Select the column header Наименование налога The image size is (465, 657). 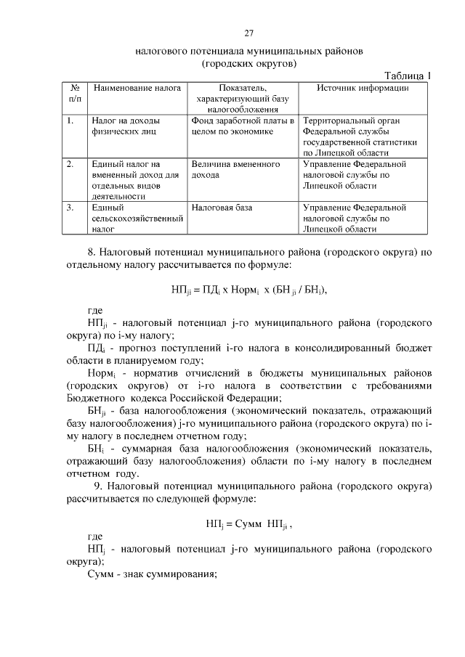click(137, 89)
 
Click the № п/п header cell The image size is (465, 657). click(75, 94)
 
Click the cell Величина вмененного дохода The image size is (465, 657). click(235, 170)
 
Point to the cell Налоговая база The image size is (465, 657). click(222, 208)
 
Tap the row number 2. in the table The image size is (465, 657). click(69, 165)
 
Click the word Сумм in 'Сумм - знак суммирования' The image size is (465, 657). click(100, 575)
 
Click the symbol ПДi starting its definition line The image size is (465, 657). click(94, 348)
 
